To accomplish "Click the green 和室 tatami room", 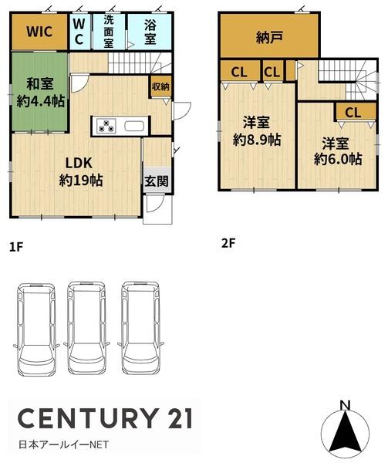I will coord(39,92).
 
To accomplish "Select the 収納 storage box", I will coord(160,88).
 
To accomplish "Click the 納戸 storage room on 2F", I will coord(268,36).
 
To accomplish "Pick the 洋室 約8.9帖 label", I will coord(252,131).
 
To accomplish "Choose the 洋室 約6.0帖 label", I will coord(337,151).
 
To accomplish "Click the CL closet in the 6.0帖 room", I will coord(352,112).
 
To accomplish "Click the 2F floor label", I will coord(228,242).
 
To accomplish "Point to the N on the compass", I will coord(345,405).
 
